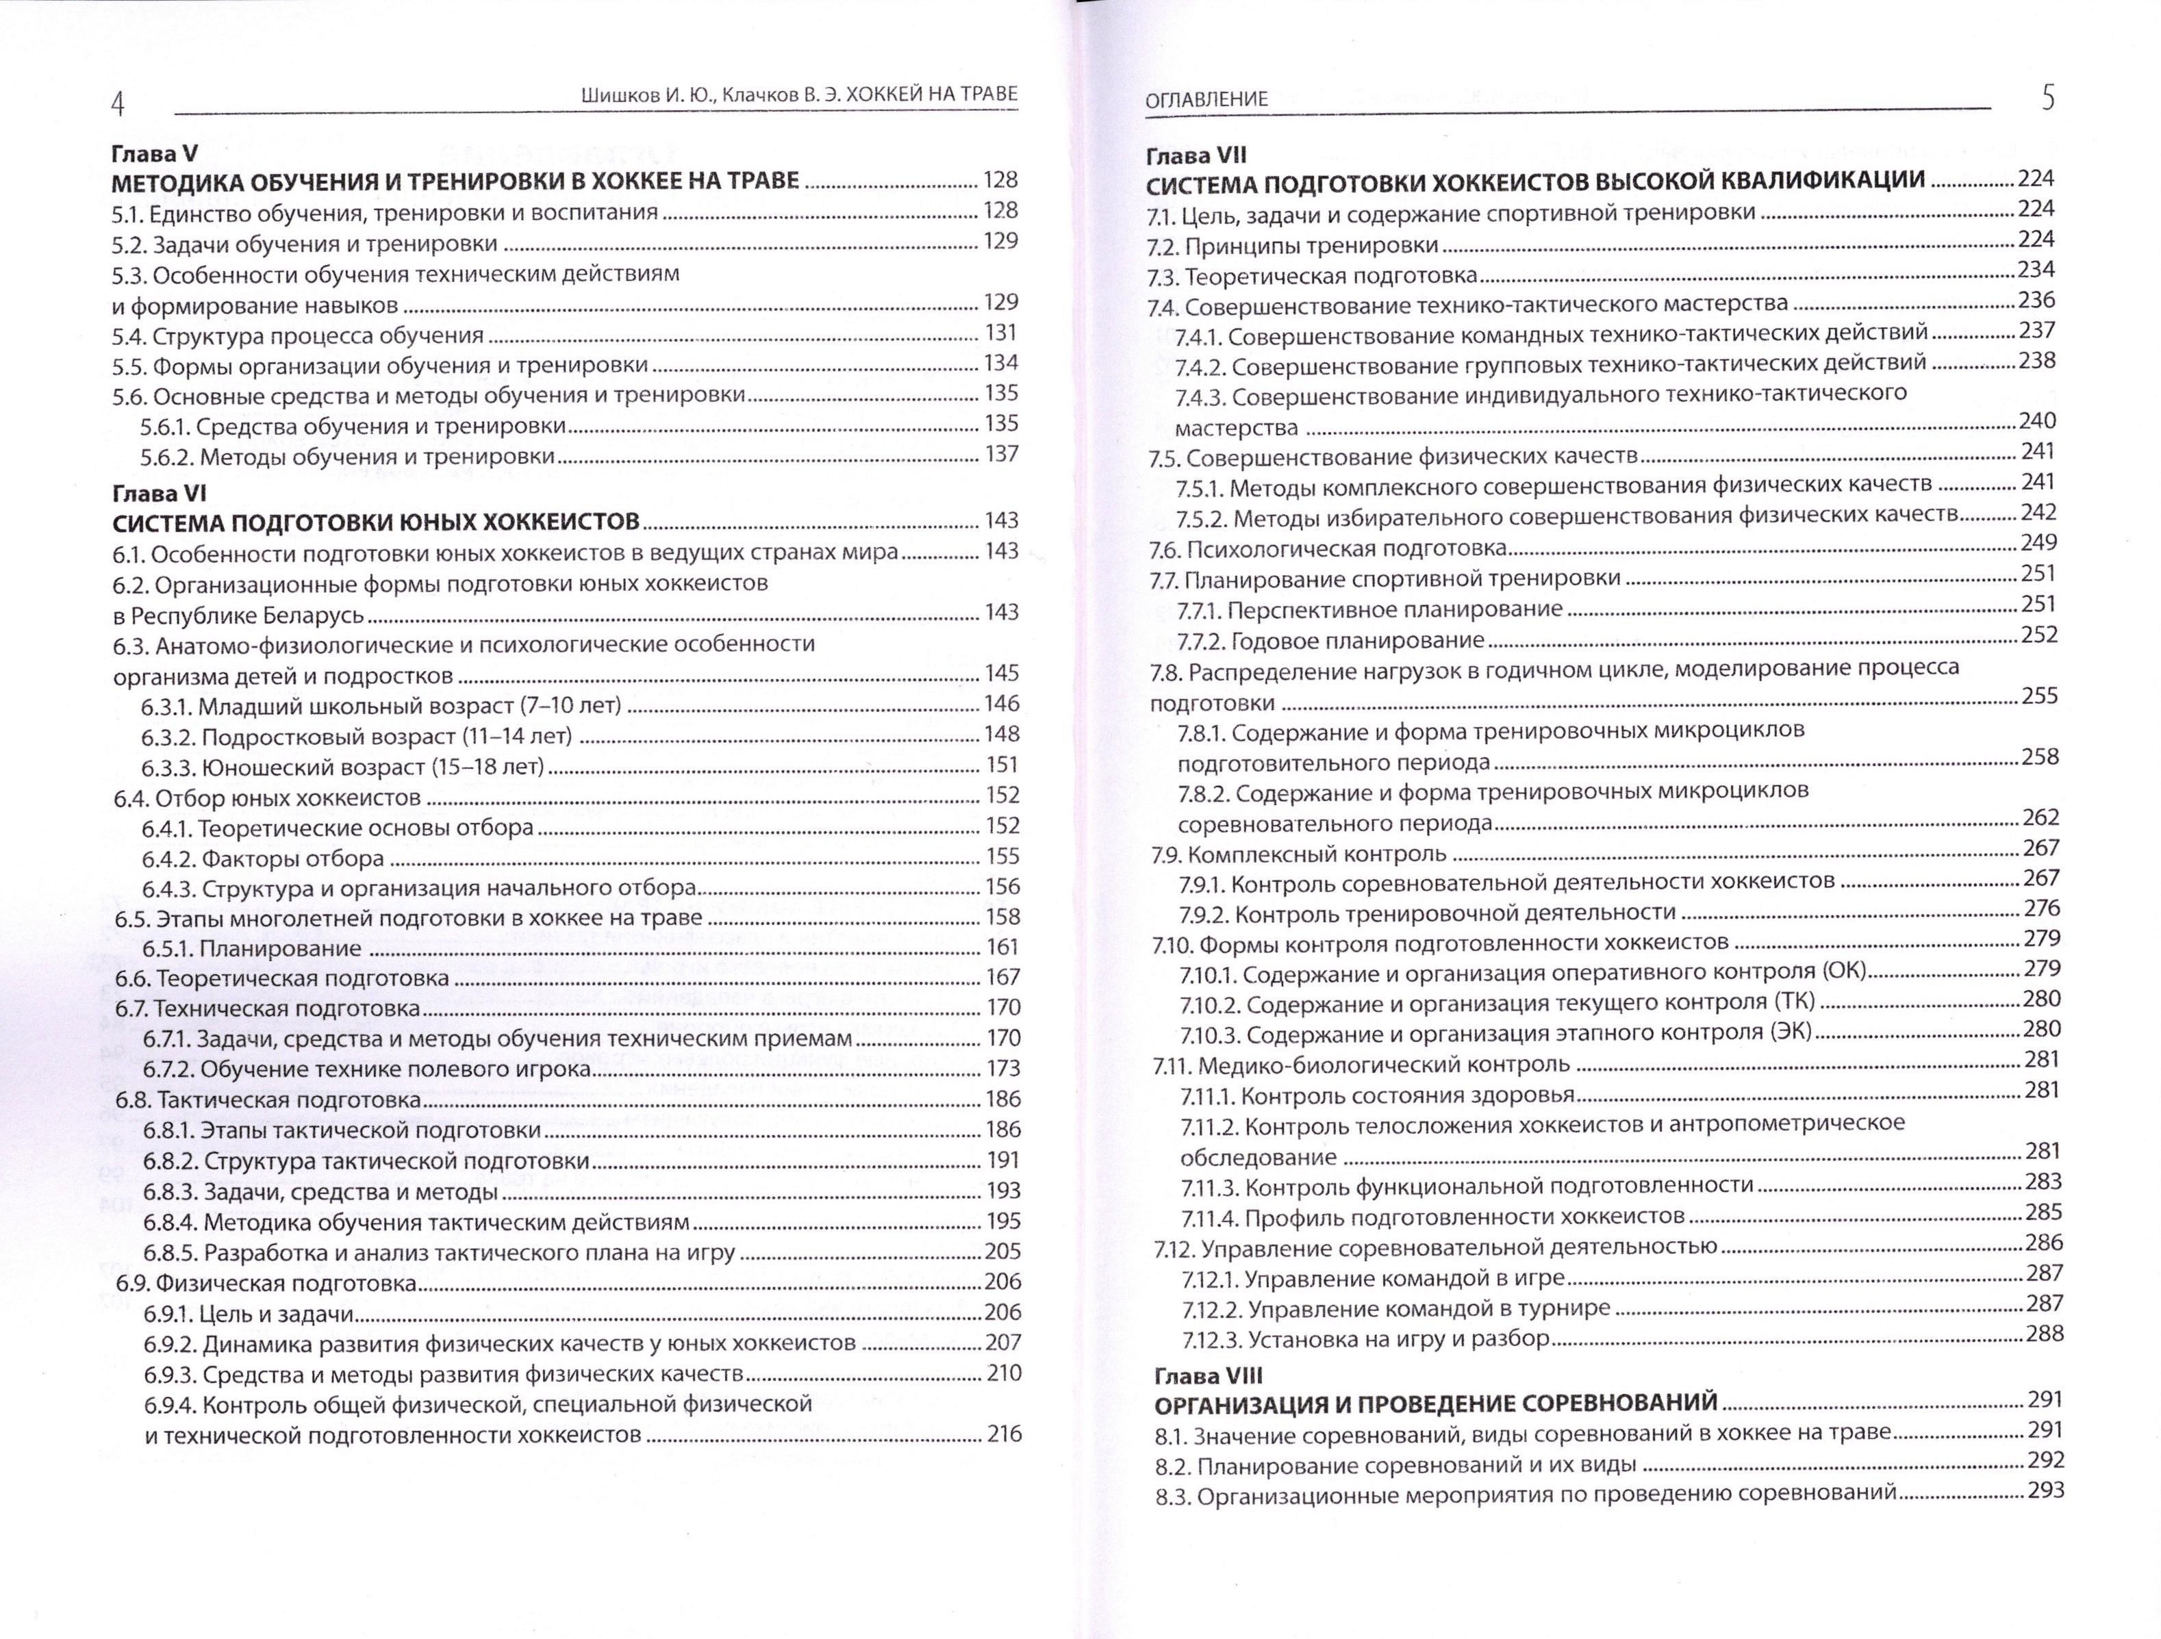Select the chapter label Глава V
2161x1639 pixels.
coord(154,153)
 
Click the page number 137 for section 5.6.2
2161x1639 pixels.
coord(1001,454)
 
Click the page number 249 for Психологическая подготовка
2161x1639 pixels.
coord(2040,543)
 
